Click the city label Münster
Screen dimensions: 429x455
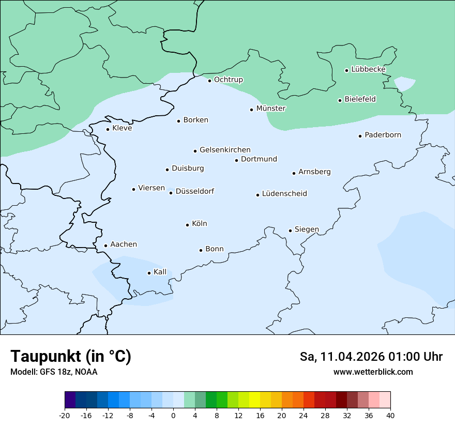271,109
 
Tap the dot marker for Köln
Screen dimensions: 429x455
188,225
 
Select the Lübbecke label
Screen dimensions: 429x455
368,69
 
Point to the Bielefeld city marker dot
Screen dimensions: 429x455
340,100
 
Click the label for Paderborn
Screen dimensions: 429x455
383,135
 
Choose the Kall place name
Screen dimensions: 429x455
160,272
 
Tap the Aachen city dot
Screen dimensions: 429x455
105,246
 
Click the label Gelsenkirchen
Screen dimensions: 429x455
225,150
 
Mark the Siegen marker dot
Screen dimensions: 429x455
291,231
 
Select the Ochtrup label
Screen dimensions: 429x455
228,80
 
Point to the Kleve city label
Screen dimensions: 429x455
122,128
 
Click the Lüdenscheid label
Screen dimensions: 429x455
284,194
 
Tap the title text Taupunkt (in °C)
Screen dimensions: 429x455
71,356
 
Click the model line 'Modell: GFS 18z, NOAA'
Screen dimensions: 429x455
54,372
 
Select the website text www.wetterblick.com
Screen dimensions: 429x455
373,372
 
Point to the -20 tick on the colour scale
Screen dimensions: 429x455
65,415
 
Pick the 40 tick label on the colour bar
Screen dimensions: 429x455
390,415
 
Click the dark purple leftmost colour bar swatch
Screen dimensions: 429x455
70,400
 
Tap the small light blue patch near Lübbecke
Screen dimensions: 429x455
404,83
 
